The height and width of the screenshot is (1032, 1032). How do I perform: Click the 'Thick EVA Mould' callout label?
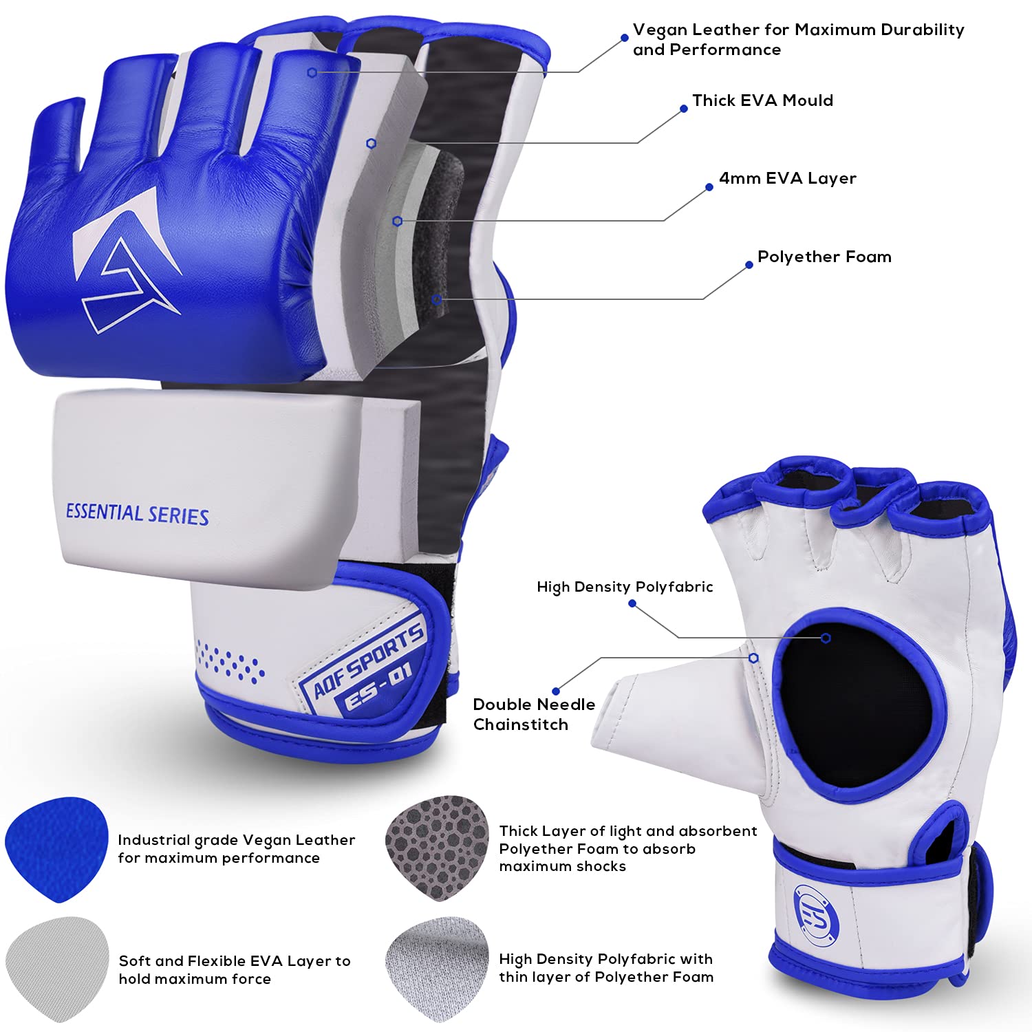tap(762, 100)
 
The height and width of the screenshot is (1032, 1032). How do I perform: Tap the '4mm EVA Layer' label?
tap(788, 178)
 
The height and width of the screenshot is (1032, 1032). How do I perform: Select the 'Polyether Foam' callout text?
tap(824, 257)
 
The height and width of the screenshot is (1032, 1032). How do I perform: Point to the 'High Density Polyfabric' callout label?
tap(625, 587)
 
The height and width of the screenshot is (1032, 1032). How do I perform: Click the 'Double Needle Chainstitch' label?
tap(534, 714)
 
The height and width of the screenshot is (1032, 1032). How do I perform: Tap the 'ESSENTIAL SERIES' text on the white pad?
tap(137, 515)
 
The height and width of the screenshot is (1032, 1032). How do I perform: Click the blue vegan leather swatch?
tap(56, 850)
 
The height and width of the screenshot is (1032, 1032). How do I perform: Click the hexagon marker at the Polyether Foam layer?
tap(436, 299)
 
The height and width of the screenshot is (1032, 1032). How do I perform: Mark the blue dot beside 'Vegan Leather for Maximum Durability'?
tap(625, 38)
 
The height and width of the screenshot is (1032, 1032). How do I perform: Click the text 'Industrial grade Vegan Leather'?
tap(236, 840)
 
